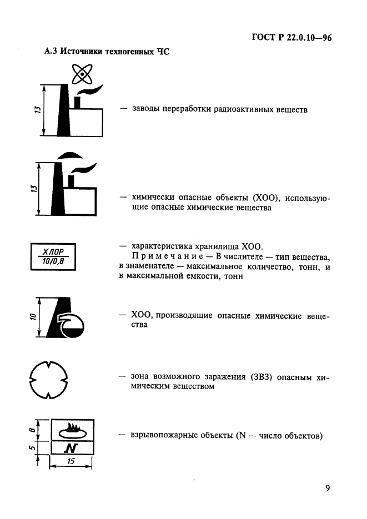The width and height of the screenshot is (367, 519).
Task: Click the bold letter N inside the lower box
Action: pyautogui.click(x=71, y=447)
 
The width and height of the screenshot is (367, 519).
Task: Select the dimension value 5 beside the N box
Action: pyautogui.click(x=32, y=447)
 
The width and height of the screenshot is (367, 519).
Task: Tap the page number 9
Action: pyautogui.click(x=328, y=488)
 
